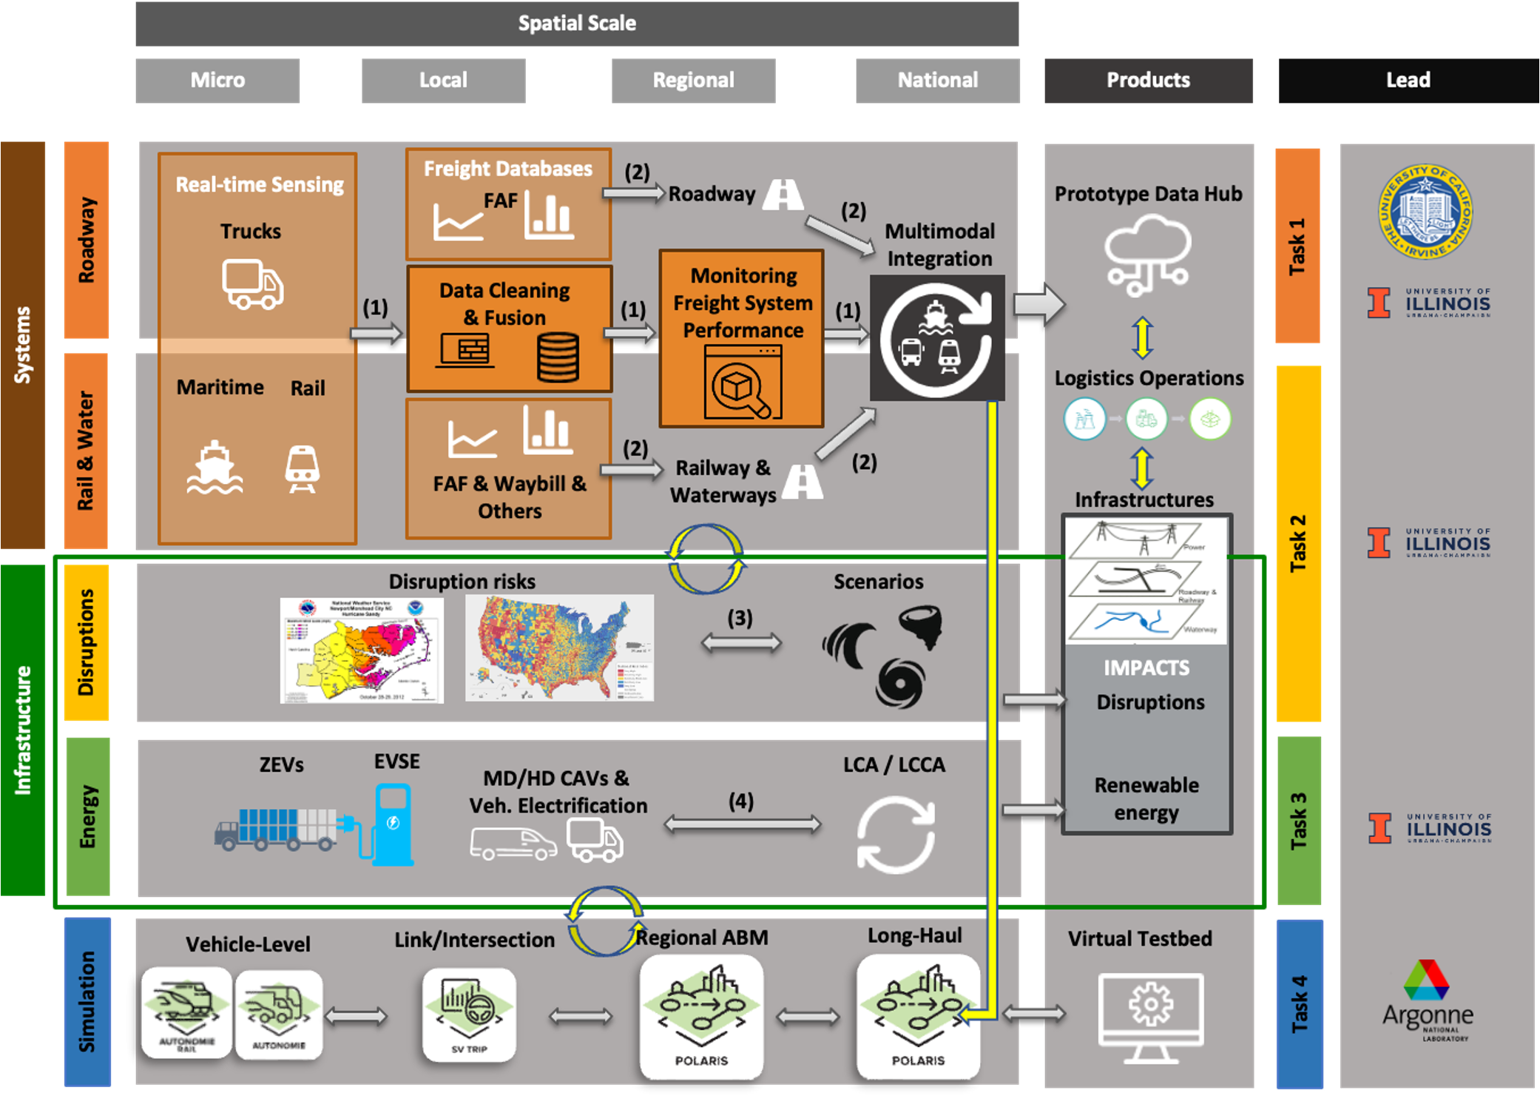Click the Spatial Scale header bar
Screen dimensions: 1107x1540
tap(577, 24)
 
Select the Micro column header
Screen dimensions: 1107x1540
tap(217, 81)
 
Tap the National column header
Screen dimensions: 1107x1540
tap(937, 81)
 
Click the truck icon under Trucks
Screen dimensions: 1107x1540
tap(252, 284)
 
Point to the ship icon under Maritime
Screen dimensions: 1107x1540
tap(215, 468)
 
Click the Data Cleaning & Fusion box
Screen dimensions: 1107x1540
tap(509, 329)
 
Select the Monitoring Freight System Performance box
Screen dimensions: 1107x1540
tap(742, 338)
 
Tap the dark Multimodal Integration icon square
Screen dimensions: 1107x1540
tap(936, 337)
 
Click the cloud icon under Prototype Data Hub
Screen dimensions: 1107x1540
tap(1146, 254)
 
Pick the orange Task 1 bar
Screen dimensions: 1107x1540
tap(1297, 246)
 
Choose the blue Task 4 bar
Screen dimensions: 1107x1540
tap(1300, 1003)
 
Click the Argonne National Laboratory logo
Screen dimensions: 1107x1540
tap(1427, 999)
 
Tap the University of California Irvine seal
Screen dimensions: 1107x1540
tap(1425, 212)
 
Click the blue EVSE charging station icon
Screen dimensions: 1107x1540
tap(393, 825)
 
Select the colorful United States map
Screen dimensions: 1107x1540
tap(559, 647)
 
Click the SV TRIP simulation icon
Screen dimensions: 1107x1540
tap(469, 1015)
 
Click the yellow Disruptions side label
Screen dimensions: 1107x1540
tap(87, 642)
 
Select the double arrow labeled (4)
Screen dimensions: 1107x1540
tap(742, 824)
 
